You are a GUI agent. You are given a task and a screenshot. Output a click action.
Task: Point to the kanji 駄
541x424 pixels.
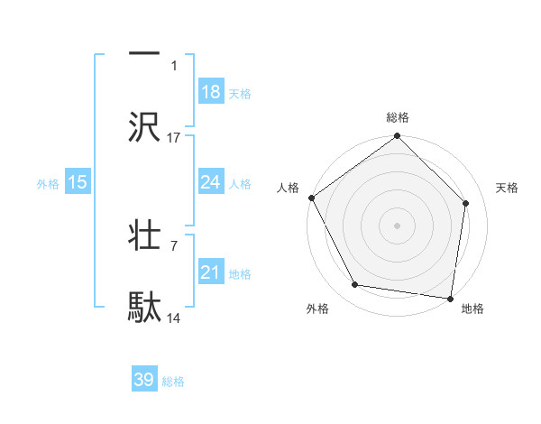144,307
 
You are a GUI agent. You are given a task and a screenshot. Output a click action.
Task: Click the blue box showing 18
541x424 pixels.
211,92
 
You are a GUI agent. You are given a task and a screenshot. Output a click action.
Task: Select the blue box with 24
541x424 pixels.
211,182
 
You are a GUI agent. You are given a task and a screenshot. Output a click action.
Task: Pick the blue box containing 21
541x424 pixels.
211,272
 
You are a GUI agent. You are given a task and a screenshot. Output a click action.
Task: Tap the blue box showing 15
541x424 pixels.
78,182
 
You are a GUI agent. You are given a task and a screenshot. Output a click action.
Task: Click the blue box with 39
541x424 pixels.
144,380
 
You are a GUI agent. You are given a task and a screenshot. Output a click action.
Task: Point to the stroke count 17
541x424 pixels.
174,138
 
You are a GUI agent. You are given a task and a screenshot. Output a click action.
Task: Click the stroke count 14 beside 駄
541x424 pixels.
174,319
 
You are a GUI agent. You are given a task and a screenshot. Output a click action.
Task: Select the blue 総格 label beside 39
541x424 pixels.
173,382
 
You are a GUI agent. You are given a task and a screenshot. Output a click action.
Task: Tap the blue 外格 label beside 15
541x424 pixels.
48,183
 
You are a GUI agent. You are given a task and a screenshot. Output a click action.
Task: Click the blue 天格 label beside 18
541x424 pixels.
240,93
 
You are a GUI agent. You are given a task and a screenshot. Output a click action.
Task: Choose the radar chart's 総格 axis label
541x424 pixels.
398,118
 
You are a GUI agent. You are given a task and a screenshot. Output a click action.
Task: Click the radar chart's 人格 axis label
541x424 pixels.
288,188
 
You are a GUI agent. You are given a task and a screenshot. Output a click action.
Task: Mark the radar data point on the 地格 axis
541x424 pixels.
451,298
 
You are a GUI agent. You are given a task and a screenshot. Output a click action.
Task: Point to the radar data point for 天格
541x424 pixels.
466,203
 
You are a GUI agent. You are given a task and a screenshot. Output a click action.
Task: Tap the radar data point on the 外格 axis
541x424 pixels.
355,285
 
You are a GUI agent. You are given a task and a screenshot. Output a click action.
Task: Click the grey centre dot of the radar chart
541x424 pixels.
398,225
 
